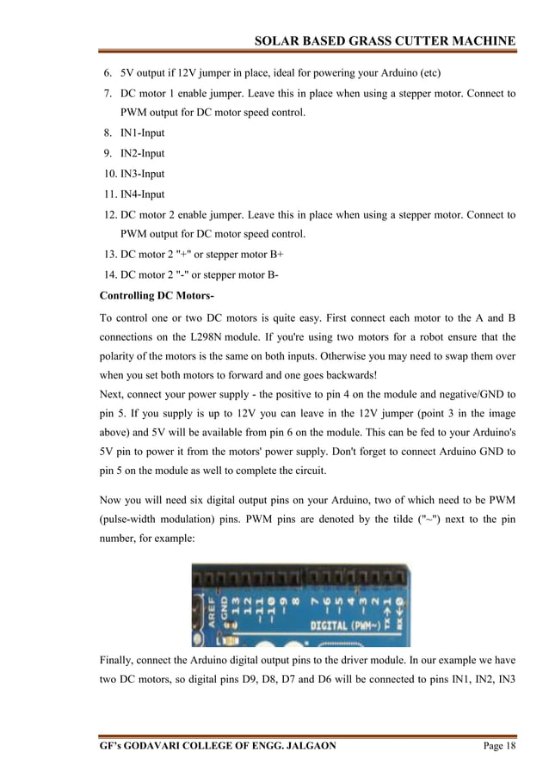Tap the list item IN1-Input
click(142, 133)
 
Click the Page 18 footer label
click(498, 746)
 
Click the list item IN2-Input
click(142, 153)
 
